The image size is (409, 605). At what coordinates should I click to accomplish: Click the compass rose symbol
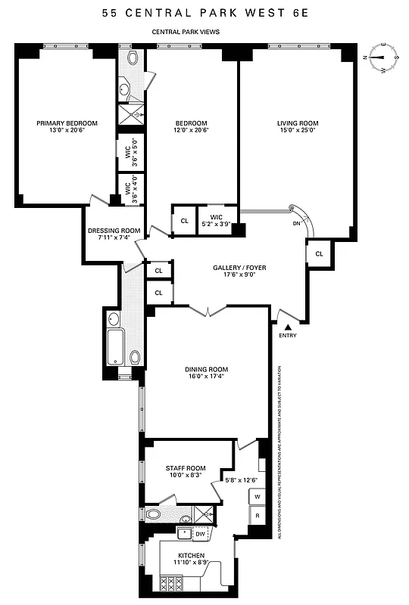[x=383, y=57]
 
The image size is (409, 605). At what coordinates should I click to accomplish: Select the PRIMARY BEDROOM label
[x=67, y=123]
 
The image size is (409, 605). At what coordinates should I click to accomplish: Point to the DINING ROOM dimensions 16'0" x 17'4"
[x=207, y=378]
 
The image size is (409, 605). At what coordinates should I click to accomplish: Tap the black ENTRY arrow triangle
[x=288, y=325]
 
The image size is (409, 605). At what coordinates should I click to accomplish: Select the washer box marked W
[x=258, y=497]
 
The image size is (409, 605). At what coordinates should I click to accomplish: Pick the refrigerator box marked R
[x=258, y=517]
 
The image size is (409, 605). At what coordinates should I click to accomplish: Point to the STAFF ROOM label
[x=186, y=470]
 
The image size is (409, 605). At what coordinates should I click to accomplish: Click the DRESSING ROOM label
[x=114, y=231]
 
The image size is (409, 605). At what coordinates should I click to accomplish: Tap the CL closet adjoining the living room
[x=319, y=254]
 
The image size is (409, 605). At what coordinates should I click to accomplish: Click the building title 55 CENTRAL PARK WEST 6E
[x=204, y=13]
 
